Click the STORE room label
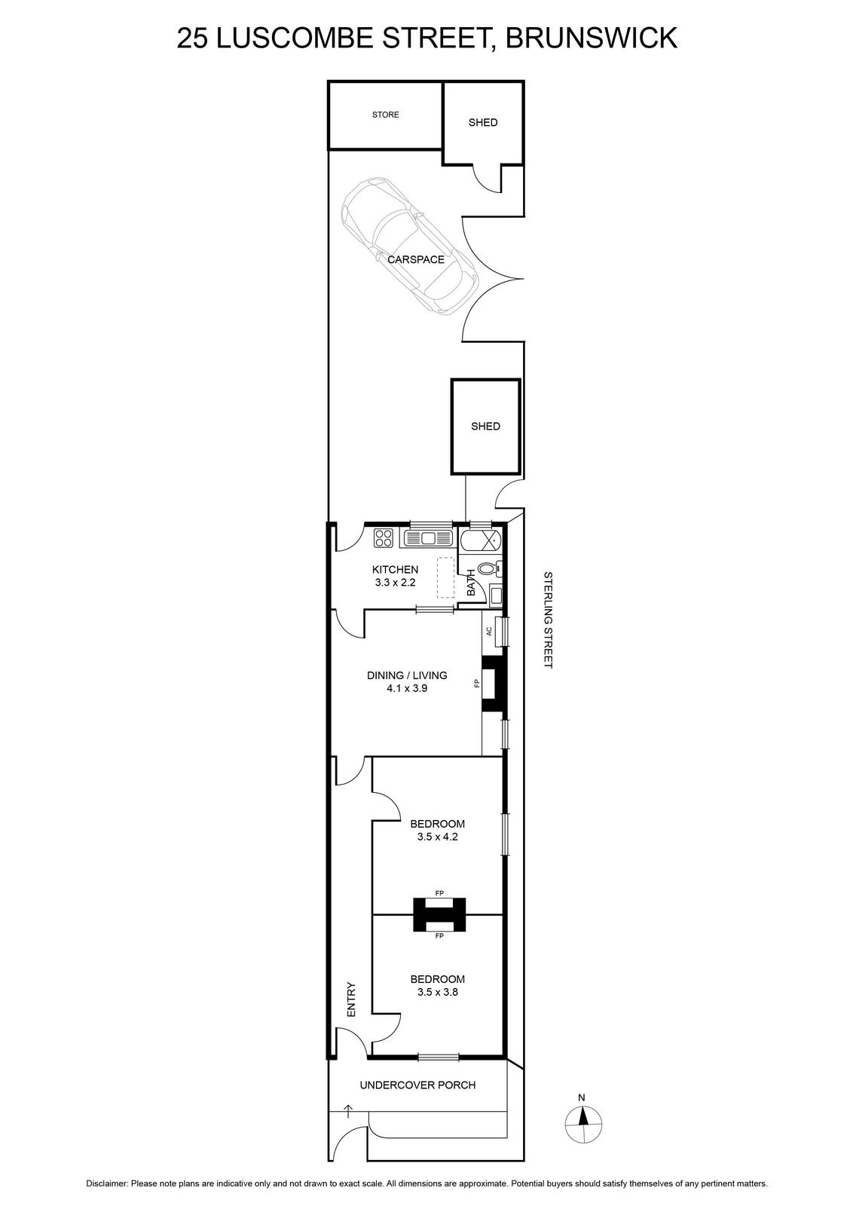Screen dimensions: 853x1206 385,115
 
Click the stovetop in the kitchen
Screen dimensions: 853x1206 384,538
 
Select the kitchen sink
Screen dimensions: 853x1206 426,538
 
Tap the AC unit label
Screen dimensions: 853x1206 489,631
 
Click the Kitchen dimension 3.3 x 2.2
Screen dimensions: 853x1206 395,583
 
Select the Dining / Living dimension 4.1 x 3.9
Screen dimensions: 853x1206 407,688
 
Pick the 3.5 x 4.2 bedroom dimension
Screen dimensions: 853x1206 438,837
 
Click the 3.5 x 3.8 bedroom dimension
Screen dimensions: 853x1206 438,992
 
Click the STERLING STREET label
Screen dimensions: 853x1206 548,620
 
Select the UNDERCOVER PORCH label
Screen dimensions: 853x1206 417,1085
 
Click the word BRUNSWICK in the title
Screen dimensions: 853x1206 592,38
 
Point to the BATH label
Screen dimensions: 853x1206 472,583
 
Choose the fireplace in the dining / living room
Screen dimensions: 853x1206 492,684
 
